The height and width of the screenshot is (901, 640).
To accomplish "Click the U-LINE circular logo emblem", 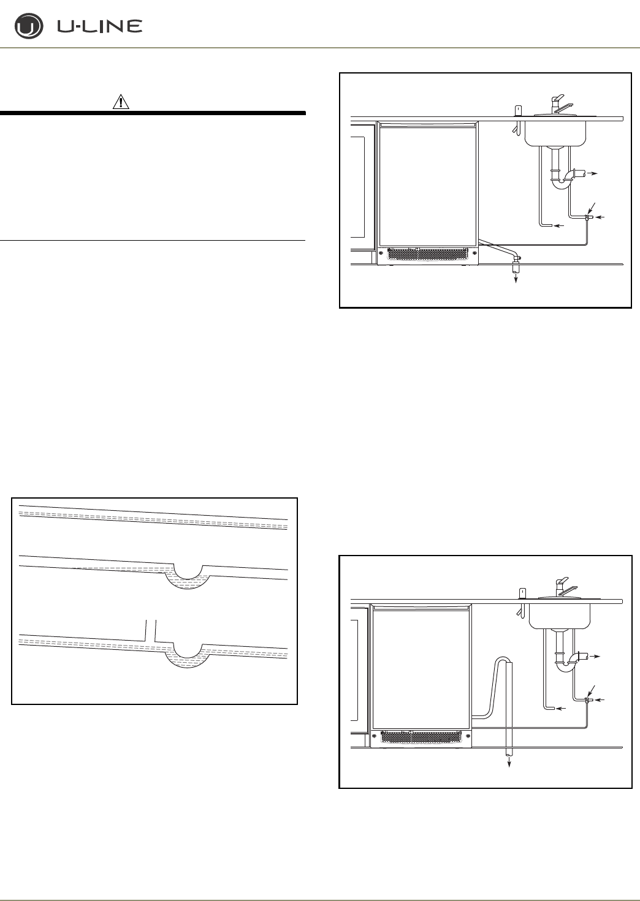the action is [x=28, y=28].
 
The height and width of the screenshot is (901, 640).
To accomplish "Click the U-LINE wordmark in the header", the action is [x=100, y=26].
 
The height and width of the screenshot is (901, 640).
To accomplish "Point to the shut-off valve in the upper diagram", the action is [x=587, y=217].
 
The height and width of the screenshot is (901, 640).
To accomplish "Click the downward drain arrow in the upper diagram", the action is [x=516, y=276].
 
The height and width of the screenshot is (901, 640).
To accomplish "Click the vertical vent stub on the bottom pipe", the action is [x=151, y=630].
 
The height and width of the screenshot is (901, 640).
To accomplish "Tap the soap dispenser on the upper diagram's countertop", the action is [x=517, y=110].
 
